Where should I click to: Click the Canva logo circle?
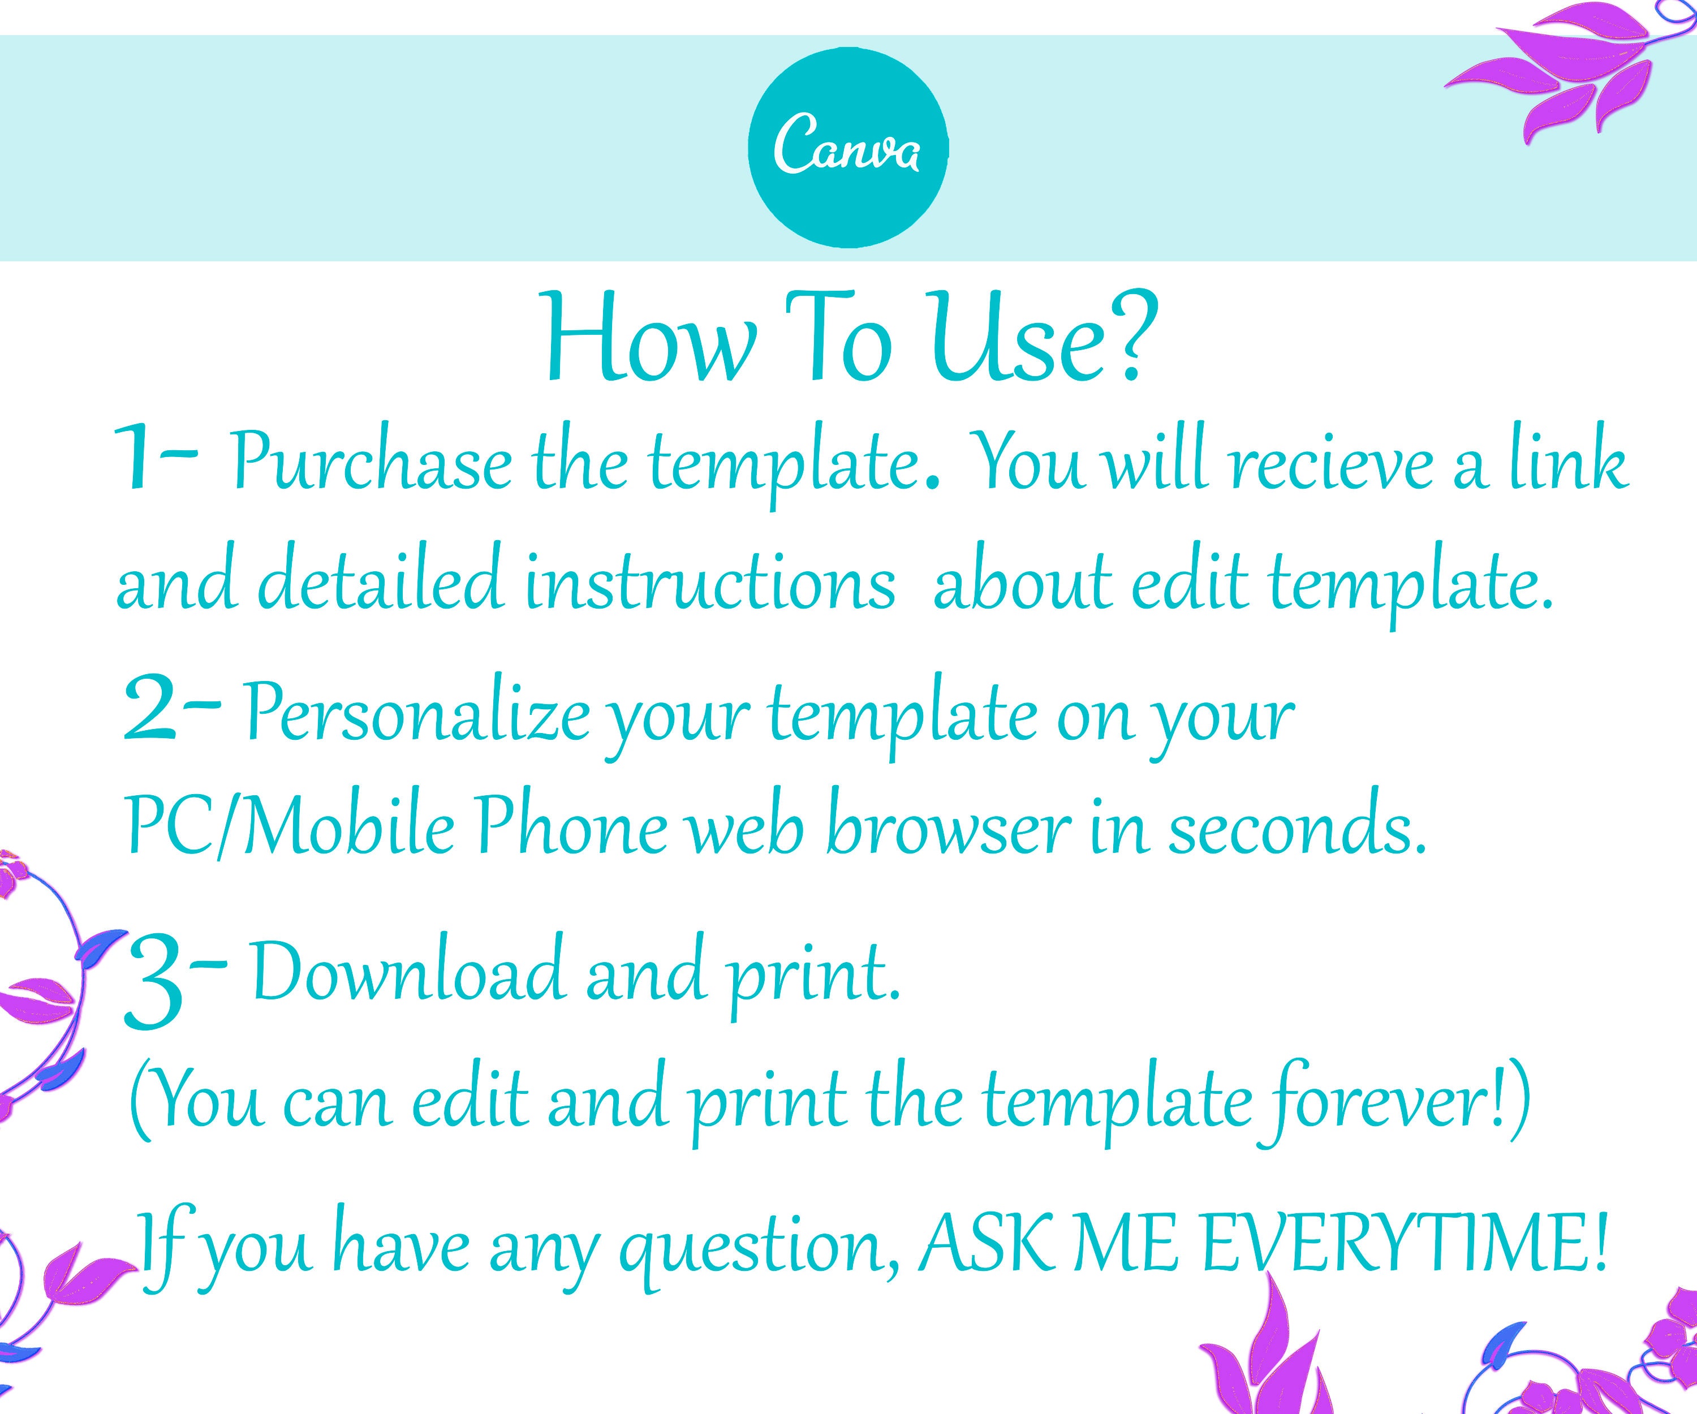[848, 150]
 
